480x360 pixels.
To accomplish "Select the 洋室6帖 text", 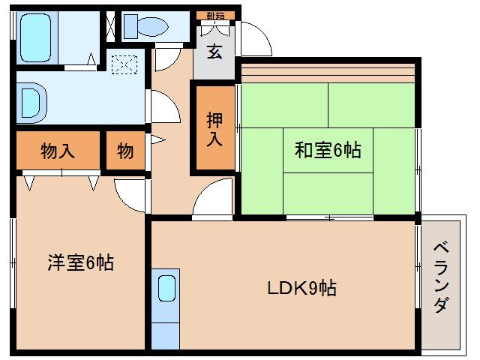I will click(80, 262).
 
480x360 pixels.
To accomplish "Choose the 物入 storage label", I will click(58, 151).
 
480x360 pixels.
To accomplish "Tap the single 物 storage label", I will click(125, 151).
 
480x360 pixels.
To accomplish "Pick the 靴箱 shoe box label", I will click(216, 15).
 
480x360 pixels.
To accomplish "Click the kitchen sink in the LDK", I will click(166, 288).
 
